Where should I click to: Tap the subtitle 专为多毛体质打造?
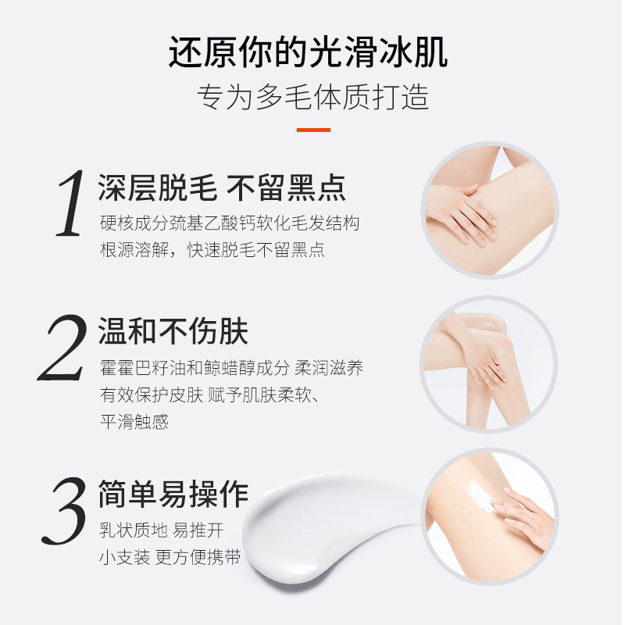tap(312, 97)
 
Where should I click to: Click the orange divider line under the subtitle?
tap(313, 130)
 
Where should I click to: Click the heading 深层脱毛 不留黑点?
tap(222, 187)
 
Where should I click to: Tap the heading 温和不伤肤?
tap(173, 331)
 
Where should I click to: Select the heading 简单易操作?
tap(173, 494)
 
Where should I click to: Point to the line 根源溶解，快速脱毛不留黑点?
tap(212, 250)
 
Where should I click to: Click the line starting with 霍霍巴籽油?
tap(231, 368)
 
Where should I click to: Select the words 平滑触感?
tap(134, 422)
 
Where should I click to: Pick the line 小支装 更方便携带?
tap(170, 558)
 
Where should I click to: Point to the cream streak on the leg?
tap(479, 497)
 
